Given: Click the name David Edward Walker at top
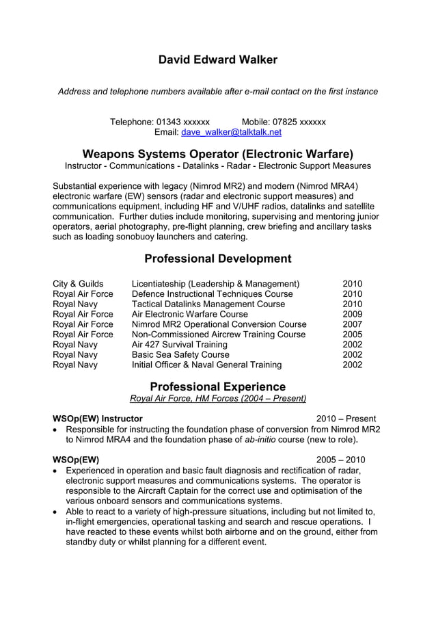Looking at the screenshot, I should (218, 60).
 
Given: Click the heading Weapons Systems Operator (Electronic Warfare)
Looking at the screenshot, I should (218, 153).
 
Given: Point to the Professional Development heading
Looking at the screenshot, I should (218, 259).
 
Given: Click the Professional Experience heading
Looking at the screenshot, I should (218, 386).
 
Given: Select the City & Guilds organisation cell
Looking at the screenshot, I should (78, 284).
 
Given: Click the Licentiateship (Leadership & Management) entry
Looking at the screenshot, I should (216, 284).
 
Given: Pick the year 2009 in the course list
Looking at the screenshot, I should (353, 314).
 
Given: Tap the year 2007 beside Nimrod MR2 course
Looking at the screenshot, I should (353, 324).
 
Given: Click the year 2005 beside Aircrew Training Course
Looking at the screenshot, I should (353, 334).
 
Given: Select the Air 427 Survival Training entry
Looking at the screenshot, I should (180, 345).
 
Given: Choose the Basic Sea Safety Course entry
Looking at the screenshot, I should (180, 355).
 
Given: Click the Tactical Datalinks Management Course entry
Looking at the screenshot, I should (208, 304).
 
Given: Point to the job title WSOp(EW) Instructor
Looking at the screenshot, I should (98, 419).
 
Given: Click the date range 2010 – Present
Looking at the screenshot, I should (346, 419).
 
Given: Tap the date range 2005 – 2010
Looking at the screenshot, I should (340, 460).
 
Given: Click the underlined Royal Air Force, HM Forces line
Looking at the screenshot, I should (218, 398).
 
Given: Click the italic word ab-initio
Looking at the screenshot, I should (260, 439).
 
